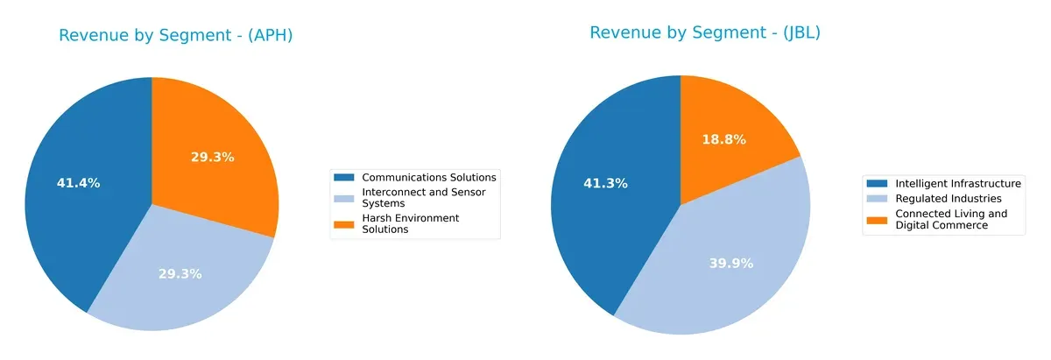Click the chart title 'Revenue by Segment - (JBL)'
point(704,32)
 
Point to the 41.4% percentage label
point(79,183)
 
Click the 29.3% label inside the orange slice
point(213,157)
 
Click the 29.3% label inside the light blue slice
point(180,273)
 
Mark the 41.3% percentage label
point(605,183)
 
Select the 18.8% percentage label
point(724,139)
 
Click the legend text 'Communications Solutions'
point(429,177)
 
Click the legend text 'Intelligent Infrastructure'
point(957,183)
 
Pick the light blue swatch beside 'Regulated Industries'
point(878,199)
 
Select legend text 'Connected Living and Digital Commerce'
point(950,219)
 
